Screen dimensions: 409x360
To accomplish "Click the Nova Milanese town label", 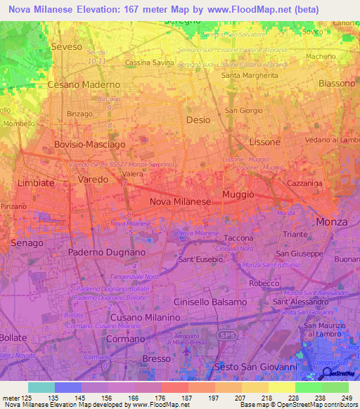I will (x=181, y=201).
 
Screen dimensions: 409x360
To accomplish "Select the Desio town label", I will (x=198, y=120).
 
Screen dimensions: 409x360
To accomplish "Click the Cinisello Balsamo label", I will (x=210, y=301).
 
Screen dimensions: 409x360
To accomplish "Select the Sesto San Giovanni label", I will (x=257, y=367).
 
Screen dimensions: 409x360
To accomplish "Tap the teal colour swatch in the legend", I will (x=41, y=387).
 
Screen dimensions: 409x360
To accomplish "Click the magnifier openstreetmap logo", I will (x=327, y=373).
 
